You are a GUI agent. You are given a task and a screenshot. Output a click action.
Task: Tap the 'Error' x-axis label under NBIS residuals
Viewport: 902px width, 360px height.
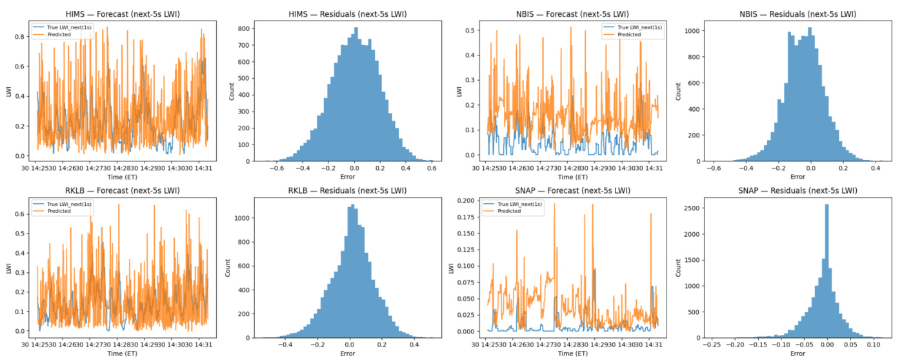click(x=797, y=177)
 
